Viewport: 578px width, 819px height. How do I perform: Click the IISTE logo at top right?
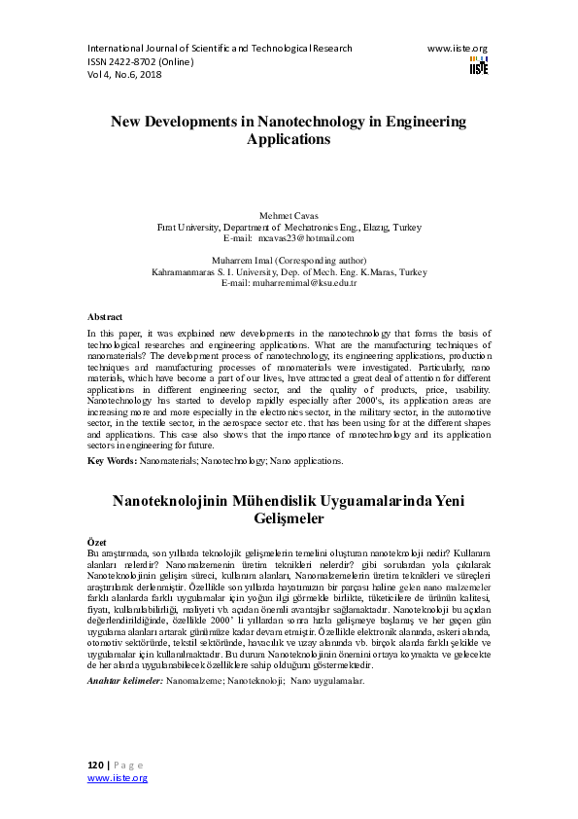coord(478,64)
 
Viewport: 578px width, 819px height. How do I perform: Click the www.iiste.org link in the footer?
coord(118,778)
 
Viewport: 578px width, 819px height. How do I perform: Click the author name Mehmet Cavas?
coord(289,214)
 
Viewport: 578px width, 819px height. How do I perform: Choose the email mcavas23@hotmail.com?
coord(313,237)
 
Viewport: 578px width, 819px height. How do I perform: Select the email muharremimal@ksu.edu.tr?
coord(314,283)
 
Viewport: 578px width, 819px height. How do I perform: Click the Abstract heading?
coord(105,317)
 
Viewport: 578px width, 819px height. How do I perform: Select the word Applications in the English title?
coord(289,139)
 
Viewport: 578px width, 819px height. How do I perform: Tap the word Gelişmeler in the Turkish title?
coord(289,519)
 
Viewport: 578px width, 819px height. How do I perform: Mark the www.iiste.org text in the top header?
coord(457,48)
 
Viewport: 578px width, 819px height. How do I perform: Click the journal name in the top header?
coord(220,48)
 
